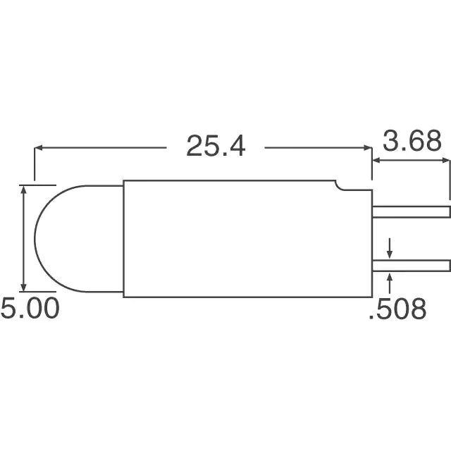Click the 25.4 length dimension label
(x=216, y=146)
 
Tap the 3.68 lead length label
(x=412, y=141)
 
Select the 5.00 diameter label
(x=30, y=308)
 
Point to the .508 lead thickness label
(x=397, y=309)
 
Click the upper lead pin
(x=411, y=211)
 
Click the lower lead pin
(x=411, y=266)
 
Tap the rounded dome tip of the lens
(x=35, y=239)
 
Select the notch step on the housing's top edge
(x=340, y=186)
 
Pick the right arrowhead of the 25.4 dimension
(x=368, y=148)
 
